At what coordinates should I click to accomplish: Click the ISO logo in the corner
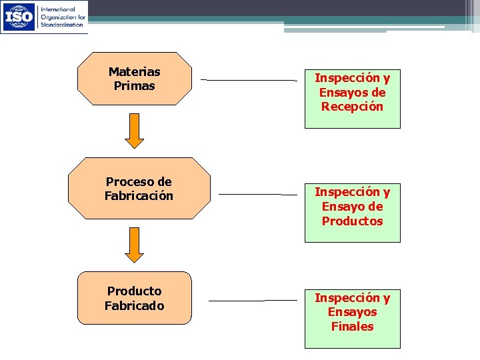tap(19, 17)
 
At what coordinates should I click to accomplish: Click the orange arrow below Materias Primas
tap(135, 130)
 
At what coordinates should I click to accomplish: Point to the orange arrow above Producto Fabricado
tap(135, 245)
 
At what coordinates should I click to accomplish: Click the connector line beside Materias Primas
tap(249, 80)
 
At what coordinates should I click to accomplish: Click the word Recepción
tap(352, 107)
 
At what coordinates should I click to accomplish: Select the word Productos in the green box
tap(352, 221)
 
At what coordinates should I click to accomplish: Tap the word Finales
tap(352, 327)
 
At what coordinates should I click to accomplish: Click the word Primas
tap(134, 86)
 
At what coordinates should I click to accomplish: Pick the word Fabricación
tap(139, 196)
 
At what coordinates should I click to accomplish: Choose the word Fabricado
tap(134, 306)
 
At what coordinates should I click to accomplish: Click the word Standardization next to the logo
tap(62, 24)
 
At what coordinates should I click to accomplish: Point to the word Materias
tap(134, 71)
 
